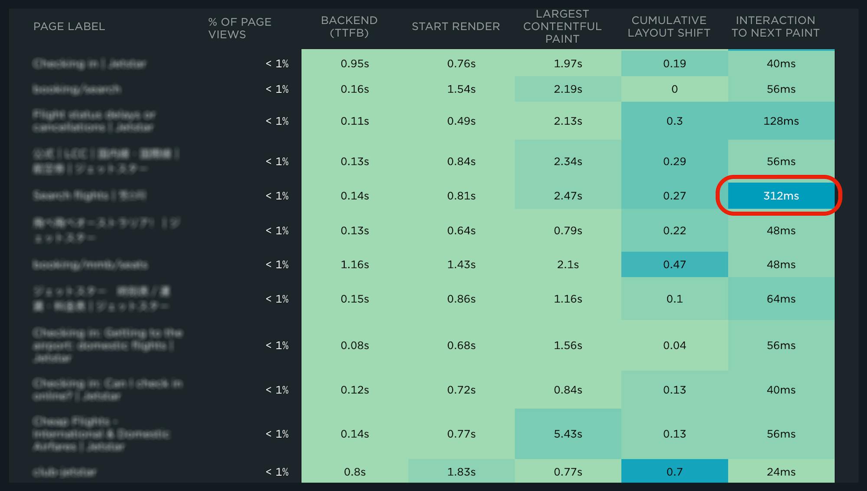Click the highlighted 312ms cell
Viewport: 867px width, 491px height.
pos(781,196)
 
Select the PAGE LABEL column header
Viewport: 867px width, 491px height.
pos(69,26)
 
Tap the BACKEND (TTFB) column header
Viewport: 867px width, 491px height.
pos(349,26)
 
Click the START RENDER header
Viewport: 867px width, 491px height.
pos(456,26)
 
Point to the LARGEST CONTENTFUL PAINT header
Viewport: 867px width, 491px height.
pos(562,26)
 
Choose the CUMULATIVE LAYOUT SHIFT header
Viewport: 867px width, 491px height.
pos(669,26)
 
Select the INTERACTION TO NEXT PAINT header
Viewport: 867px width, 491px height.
pos(776,26)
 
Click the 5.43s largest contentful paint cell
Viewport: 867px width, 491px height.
pos(567,434)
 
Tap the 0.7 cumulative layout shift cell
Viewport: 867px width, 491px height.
pos(674,472)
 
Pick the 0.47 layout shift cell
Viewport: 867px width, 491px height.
pos(674,264)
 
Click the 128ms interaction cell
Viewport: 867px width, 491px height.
pos(781,121)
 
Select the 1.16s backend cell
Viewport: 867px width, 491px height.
pos(355,264)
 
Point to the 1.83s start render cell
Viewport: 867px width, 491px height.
pos(461,472)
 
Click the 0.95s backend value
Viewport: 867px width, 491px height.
pos(355,63)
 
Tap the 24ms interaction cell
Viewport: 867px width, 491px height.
pos(781,472)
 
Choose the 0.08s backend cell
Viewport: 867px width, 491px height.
pos(355,345)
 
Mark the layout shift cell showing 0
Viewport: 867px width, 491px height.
pos(674,89)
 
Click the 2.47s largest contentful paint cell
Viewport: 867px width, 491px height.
pos(567,196)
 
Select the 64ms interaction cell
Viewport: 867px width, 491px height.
pos(781,299)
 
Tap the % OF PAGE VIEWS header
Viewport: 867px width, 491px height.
pos(239,28)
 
